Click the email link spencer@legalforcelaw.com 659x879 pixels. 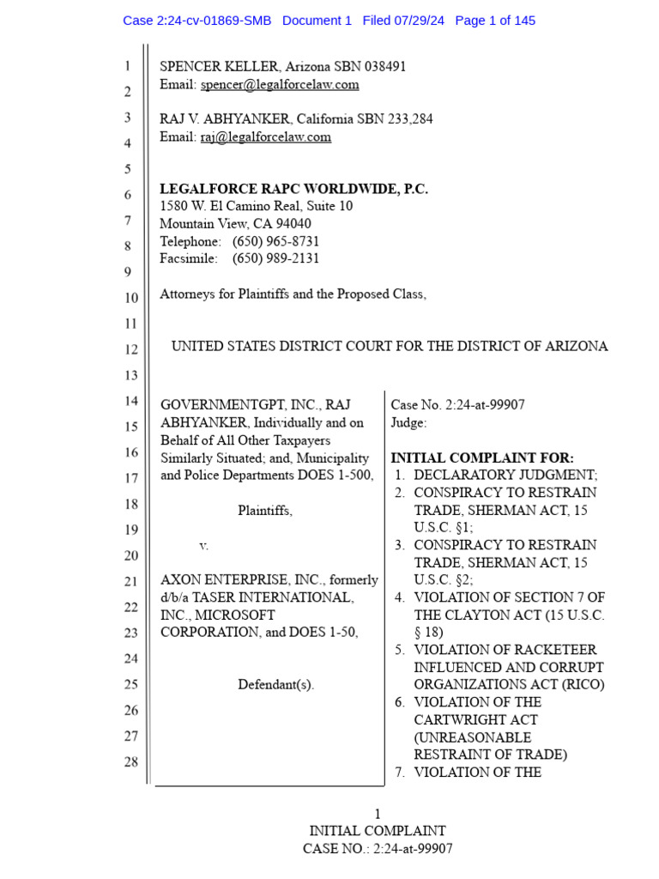click(280, 85)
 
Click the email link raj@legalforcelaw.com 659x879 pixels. click(266, 137)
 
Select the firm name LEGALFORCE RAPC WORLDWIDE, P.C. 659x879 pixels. click(293, 189)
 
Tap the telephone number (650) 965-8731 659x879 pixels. click(275, 242)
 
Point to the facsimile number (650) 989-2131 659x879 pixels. click(275, 259)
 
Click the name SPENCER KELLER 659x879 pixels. click(219, 67)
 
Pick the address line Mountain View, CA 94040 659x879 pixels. click(235, 224)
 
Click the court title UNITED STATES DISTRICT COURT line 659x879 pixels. click(390, 347)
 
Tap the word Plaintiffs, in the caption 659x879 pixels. click(265, 511)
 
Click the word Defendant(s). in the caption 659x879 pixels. click(275, 685)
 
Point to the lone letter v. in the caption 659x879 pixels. click(203, 545)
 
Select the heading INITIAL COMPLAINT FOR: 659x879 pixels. click(482, 458)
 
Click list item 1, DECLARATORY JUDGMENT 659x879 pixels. click(505, 476)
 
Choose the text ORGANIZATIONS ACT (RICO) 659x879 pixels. click(509, 685)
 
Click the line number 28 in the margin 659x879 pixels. click(130, 762)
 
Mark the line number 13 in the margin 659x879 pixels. click(130, 376)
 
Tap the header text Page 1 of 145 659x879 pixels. click(495, 21)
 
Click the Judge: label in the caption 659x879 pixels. click(408, 423)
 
